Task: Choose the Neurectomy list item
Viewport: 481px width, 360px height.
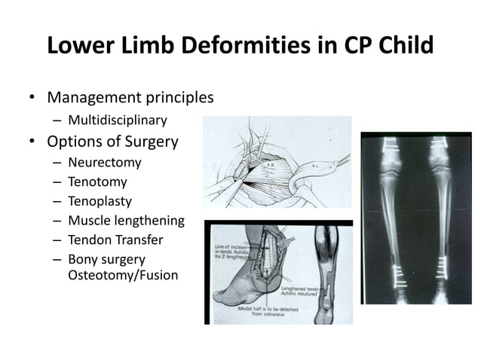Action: click(104, 162)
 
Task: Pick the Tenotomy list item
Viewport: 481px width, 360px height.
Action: click(97, 182)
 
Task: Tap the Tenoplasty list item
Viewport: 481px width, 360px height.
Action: click(100, 201)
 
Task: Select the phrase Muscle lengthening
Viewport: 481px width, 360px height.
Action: click(125, 221)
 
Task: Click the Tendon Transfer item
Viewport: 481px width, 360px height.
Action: click(115, 240)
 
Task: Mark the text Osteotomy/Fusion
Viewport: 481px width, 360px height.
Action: click(123, 275)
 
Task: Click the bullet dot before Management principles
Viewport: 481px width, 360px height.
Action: click(32, 99)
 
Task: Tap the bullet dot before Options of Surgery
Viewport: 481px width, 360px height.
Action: click(32, 142)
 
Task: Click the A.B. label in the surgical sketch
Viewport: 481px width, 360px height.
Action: click(272, 163)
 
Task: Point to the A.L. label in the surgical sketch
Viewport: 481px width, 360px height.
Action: click(319, 163)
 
